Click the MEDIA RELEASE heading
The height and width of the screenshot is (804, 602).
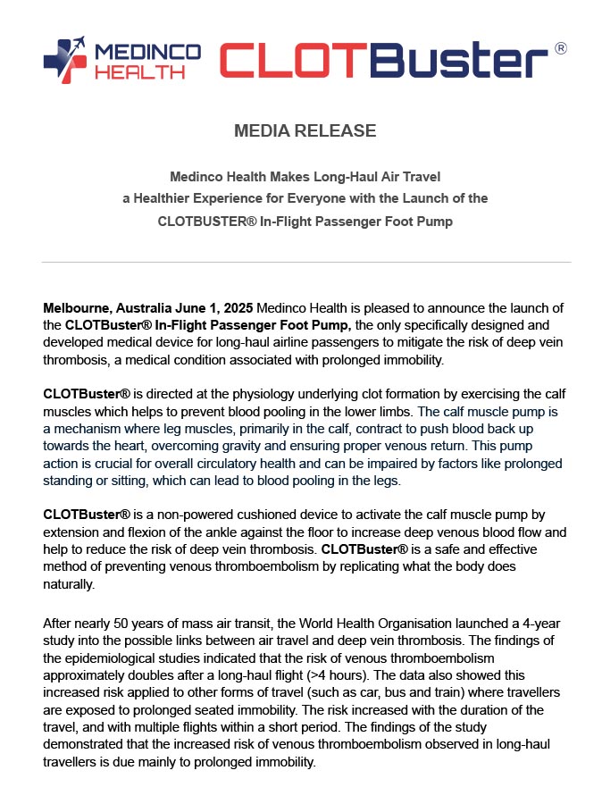(x=305, y=130)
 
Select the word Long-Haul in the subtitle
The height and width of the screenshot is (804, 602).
(x=322, y=177)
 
